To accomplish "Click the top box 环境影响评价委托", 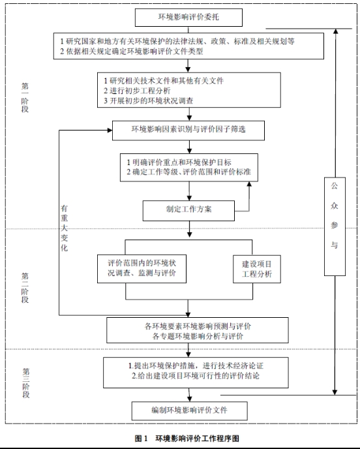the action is pos(188,18).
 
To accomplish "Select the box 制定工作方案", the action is pos(188,210).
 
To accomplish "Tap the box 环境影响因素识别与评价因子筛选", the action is pos(188,131).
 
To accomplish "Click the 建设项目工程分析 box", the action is pos(257,269).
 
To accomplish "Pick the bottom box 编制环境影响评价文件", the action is pos(189,411).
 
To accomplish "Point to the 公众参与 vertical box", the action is pos(335,226).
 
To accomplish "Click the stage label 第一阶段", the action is pos(25,98).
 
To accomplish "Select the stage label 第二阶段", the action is pos(25,288).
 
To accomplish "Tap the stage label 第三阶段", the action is pos(25,383).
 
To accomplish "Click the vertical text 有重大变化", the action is pos(64,228).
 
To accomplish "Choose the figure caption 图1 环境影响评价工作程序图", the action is pos(187,439).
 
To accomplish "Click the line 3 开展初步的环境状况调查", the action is pos(148,101).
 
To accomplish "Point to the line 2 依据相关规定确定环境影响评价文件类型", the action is pos(131,52).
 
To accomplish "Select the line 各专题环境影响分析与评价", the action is pos(198,336).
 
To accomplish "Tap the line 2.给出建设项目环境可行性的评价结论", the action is pos(196,375).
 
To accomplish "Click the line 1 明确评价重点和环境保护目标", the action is pos(179,163).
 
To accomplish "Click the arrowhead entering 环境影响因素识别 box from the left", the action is pos(110,131).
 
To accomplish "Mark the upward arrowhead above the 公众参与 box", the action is pos(336,31).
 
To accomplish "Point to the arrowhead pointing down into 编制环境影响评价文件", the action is pos(189,399).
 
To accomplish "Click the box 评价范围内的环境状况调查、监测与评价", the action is pos(142,269).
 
